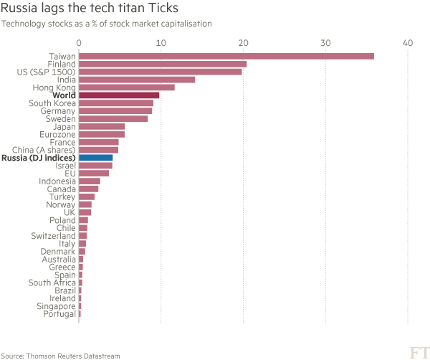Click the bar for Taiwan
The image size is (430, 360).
point(226,56)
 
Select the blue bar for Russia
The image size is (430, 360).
point(95,158)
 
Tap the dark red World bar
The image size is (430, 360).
point(119,95)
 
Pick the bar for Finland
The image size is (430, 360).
point(163,64)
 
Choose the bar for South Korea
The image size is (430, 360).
point(115,103)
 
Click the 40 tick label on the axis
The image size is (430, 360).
point(408,43)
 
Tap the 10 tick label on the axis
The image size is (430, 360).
point(161,43)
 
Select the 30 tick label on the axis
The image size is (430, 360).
point(326,43)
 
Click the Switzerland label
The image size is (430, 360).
point(53,236)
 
